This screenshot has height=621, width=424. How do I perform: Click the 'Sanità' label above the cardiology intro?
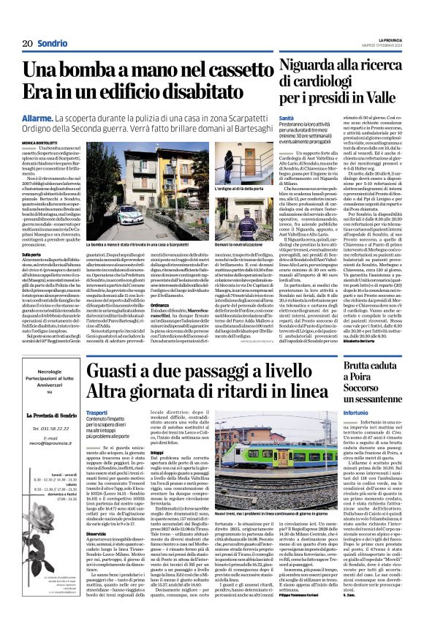(x=287, y=117)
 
